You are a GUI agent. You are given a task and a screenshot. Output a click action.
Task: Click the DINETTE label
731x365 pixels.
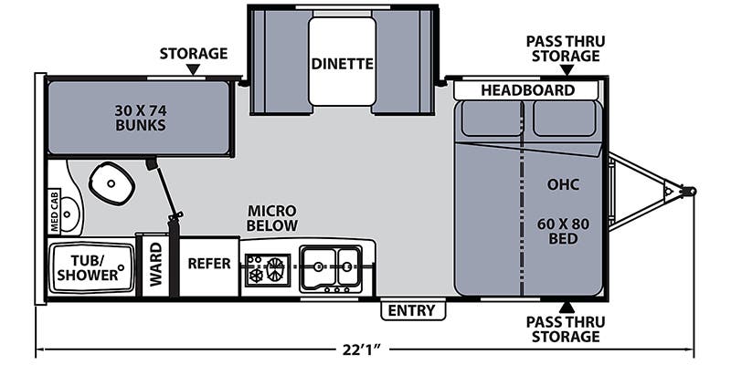(x=342, y=64)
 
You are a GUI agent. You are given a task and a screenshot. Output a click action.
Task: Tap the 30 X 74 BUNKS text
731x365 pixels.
(x=141, y=118)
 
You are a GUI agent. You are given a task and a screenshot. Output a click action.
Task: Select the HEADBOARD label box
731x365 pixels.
(x=527, y=90)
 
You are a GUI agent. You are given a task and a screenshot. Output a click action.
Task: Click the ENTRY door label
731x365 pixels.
(x=411, y=310)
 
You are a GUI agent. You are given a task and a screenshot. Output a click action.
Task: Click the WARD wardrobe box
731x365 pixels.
(x=155, y=266)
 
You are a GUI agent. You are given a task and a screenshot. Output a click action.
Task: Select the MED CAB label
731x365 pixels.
(x=55, y=213)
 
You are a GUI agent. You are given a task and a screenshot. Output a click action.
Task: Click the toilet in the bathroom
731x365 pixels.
(x=111, y=182)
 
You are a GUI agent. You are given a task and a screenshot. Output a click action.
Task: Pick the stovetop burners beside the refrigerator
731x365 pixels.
(x=267, y=270)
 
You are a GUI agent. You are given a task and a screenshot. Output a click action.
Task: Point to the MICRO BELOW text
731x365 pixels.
(x=272, y=218)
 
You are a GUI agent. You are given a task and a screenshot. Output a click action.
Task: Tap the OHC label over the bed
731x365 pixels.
(x=564, y=184)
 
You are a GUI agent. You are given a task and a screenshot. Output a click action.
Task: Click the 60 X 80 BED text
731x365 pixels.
(x=563, y=231)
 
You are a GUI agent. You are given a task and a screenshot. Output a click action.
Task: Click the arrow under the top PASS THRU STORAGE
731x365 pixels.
(x=567, y=69)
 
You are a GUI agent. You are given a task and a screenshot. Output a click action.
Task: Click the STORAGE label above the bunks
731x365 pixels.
(x=193, y=53)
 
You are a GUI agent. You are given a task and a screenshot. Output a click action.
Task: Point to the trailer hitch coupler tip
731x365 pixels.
(x=691, y=192)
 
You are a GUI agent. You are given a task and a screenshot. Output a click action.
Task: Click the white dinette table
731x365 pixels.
(x=342, y=62)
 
